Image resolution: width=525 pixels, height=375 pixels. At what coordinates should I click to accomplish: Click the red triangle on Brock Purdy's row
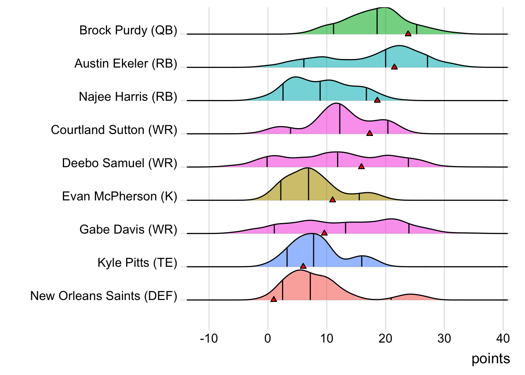[x=408, y=34]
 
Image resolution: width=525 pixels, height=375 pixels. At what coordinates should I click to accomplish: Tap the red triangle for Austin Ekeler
[x=394, y=67]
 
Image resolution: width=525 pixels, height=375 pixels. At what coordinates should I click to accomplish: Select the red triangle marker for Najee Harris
[x=377, y=100]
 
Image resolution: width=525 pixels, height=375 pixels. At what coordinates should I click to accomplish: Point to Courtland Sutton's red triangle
[x=370, y=133]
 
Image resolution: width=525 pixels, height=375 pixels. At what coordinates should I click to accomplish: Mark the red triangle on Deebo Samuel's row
[x=361, y=166]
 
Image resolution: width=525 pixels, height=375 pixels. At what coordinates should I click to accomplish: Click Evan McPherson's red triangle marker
[x=332, y=200]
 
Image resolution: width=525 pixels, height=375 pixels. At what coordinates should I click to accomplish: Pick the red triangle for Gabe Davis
[x=324, y=233]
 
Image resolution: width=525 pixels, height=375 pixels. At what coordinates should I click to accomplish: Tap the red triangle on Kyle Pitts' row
[x=303, y=266]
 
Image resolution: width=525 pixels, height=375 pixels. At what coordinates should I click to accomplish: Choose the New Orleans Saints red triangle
[x=273, y=299]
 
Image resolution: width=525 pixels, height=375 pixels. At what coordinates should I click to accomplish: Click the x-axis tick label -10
[x=209, y=338]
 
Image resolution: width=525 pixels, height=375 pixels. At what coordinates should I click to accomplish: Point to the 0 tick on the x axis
[x=268, y=338]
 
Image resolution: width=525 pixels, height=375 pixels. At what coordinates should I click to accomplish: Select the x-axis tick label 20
[x=385, y=338]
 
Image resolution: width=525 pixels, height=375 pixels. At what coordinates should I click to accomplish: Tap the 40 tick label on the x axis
[x=503, y=338]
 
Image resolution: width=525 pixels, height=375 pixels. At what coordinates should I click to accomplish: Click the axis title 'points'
[x=490, y=359]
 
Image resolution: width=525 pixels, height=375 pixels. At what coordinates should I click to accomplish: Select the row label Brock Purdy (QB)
[x=128, y=30]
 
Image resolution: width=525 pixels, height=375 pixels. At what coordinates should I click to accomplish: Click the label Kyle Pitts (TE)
[x=137, y=262]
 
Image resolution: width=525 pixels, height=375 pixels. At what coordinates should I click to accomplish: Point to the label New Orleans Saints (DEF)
[x=104, y=296]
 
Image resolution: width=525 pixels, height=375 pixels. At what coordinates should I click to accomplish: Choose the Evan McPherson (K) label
[x=120, y=196]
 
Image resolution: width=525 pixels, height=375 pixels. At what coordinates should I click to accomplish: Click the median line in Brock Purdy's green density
[x=377, y=21]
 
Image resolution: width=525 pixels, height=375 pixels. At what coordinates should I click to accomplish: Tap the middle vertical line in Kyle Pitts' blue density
[x=313, y=250]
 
